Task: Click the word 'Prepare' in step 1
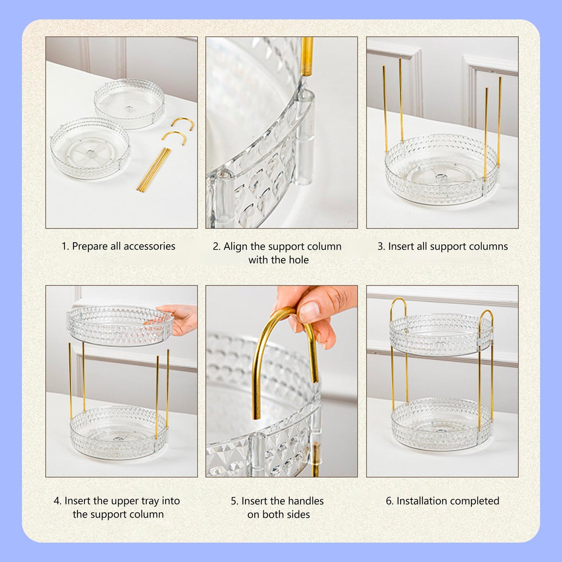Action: click(x=90, y=247)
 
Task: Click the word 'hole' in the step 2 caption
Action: click(x=298, y=260)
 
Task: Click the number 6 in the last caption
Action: click(x=389, y=501)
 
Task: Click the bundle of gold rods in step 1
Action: click(x=153, y=170)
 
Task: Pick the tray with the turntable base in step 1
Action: click(x=90, y=148)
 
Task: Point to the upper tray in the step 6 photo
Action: click(x=441, y=334)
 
